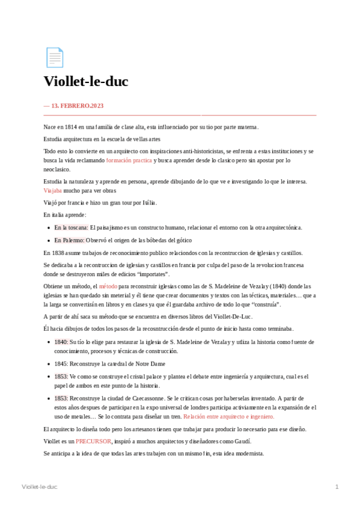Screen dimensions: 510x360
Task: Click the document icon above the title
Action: coord(54,58)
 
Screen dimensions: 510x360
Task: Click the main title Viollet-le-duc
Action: coord(86,82)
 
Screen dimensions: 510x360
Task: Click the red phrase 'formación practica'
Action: coord(129,161)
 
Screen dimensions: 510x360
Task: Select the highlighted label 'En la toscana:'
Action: coord(71,227)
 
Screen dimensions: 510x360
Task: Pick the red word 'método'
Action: coord(108,287)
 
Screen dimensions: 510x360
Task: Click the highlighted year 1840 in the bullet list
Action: coord(61,342)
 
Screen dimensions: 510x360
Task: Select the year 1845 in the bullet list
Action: coord(61,364)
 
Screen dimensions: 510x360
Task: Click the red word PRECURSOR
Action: coord(93,441)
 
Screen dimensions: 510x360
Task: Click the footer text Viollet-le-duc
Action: coord(39,486)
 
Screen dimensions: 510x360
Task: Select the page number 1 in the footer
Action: coord(337,486)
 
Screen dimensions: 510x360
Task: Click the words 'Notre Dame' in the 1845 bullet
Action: coord(150,364)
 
